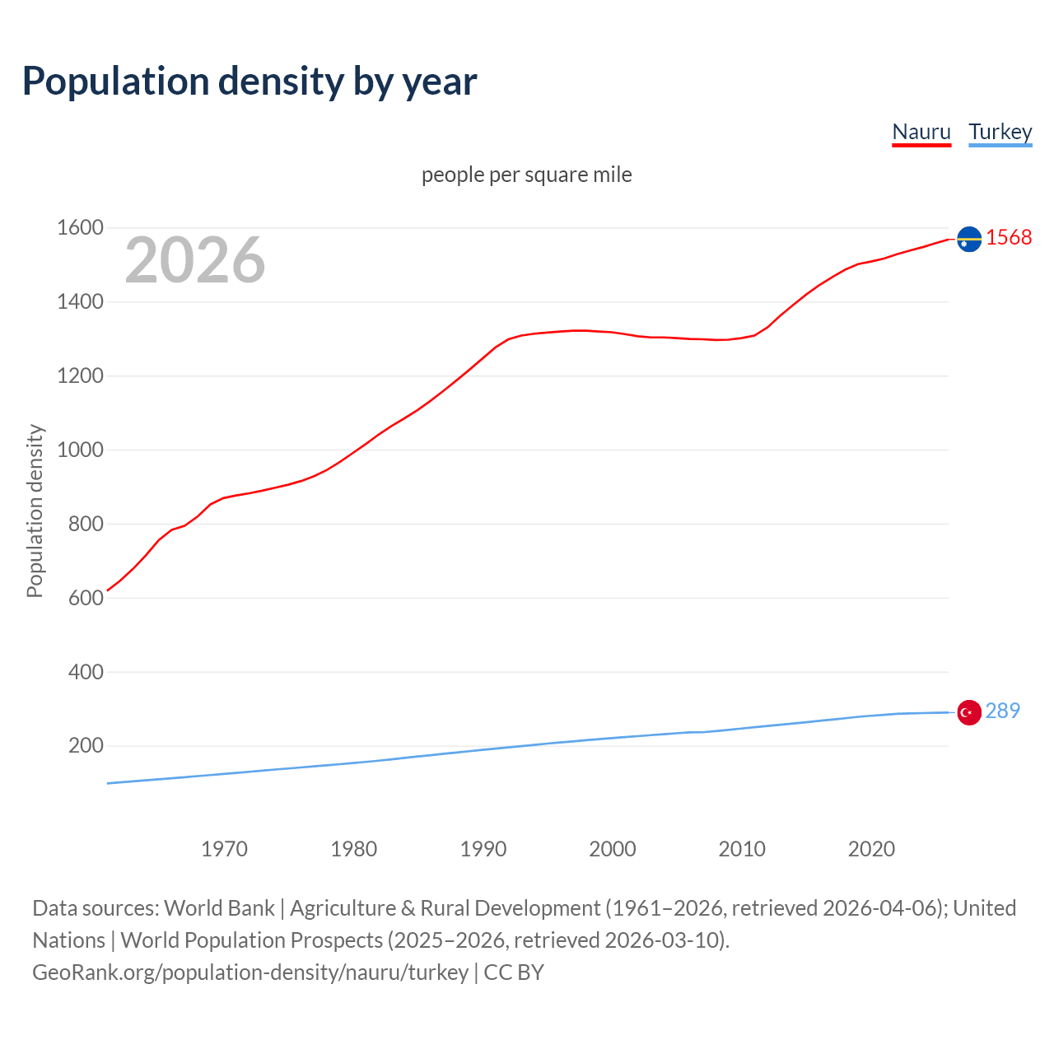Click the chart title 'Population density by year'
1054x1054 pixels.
[x=250, y=81]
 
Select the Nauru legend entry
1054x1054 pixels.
[x=921, y=132]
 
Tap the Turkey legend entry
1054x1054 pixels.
[x=1000, y=132]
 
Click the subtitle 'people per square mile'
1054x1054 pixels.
[x=526, y=175]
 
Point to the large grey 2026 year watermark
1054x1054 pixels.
[x=195, y=260]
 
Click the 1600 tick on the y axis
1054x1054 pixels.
[x=80, y=228]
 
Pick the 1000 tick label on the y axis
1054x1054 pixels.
[x=80, y=450]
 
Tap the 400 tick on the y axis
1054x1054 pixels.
[x=86, y=672]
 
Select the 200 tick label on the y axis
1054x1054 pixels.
[x=86, y=746]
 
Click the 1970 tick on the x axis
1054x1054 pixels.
[x=224, y=849]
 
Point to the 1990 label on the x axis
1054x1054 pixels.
[x=483, y=849]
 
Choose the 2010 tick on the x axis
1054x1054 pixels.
[x=742, y=849]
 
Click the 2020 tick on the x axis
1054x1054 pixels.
[x=871, y=849]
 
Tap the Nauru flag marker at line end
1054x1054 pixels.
[x=969, y=239]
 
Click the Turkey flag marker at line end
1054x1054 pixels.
[x=969, y=712]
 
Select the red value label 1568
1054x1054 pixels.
[x=1009, y=237]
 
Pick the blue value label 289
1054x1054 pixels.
[x=1002, y=711]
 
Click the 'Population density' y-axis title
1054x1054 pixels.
[x=35, y=511]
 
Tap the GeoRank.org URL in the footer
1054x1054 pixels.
[x=250, y=972]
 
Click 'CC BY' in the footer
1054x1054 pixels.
[x=514, y=972]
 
